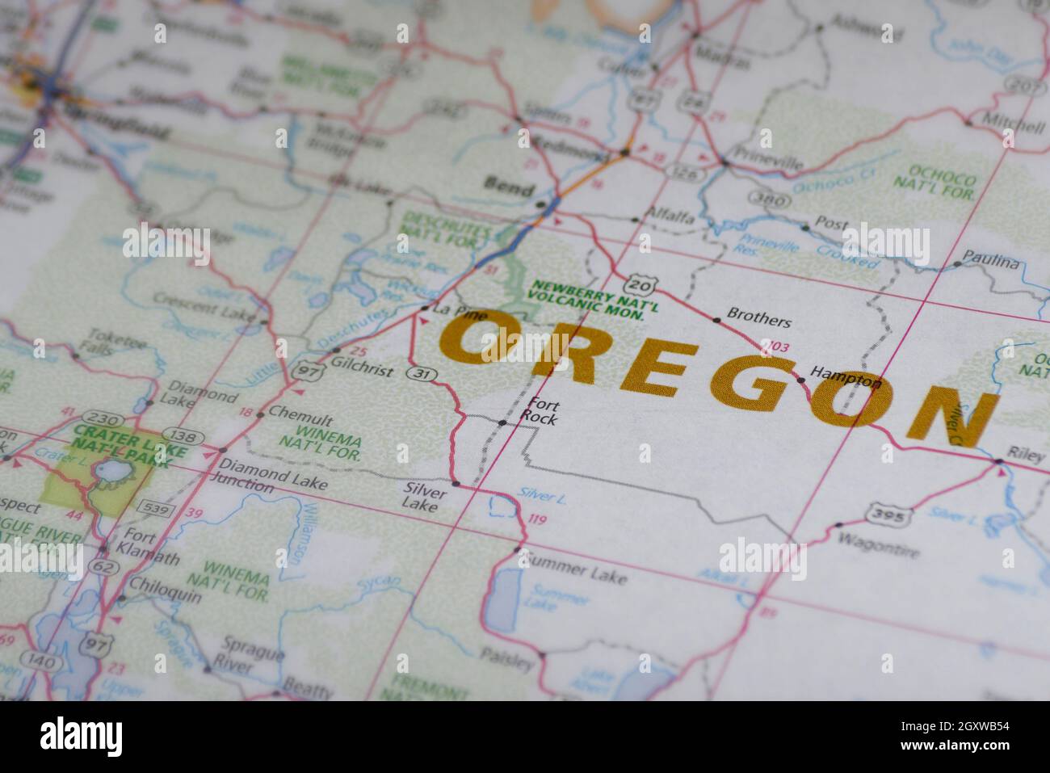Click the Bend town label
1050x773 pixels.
tap(508, 190)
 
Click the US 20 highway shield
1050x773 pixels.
tap(639, 284)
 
